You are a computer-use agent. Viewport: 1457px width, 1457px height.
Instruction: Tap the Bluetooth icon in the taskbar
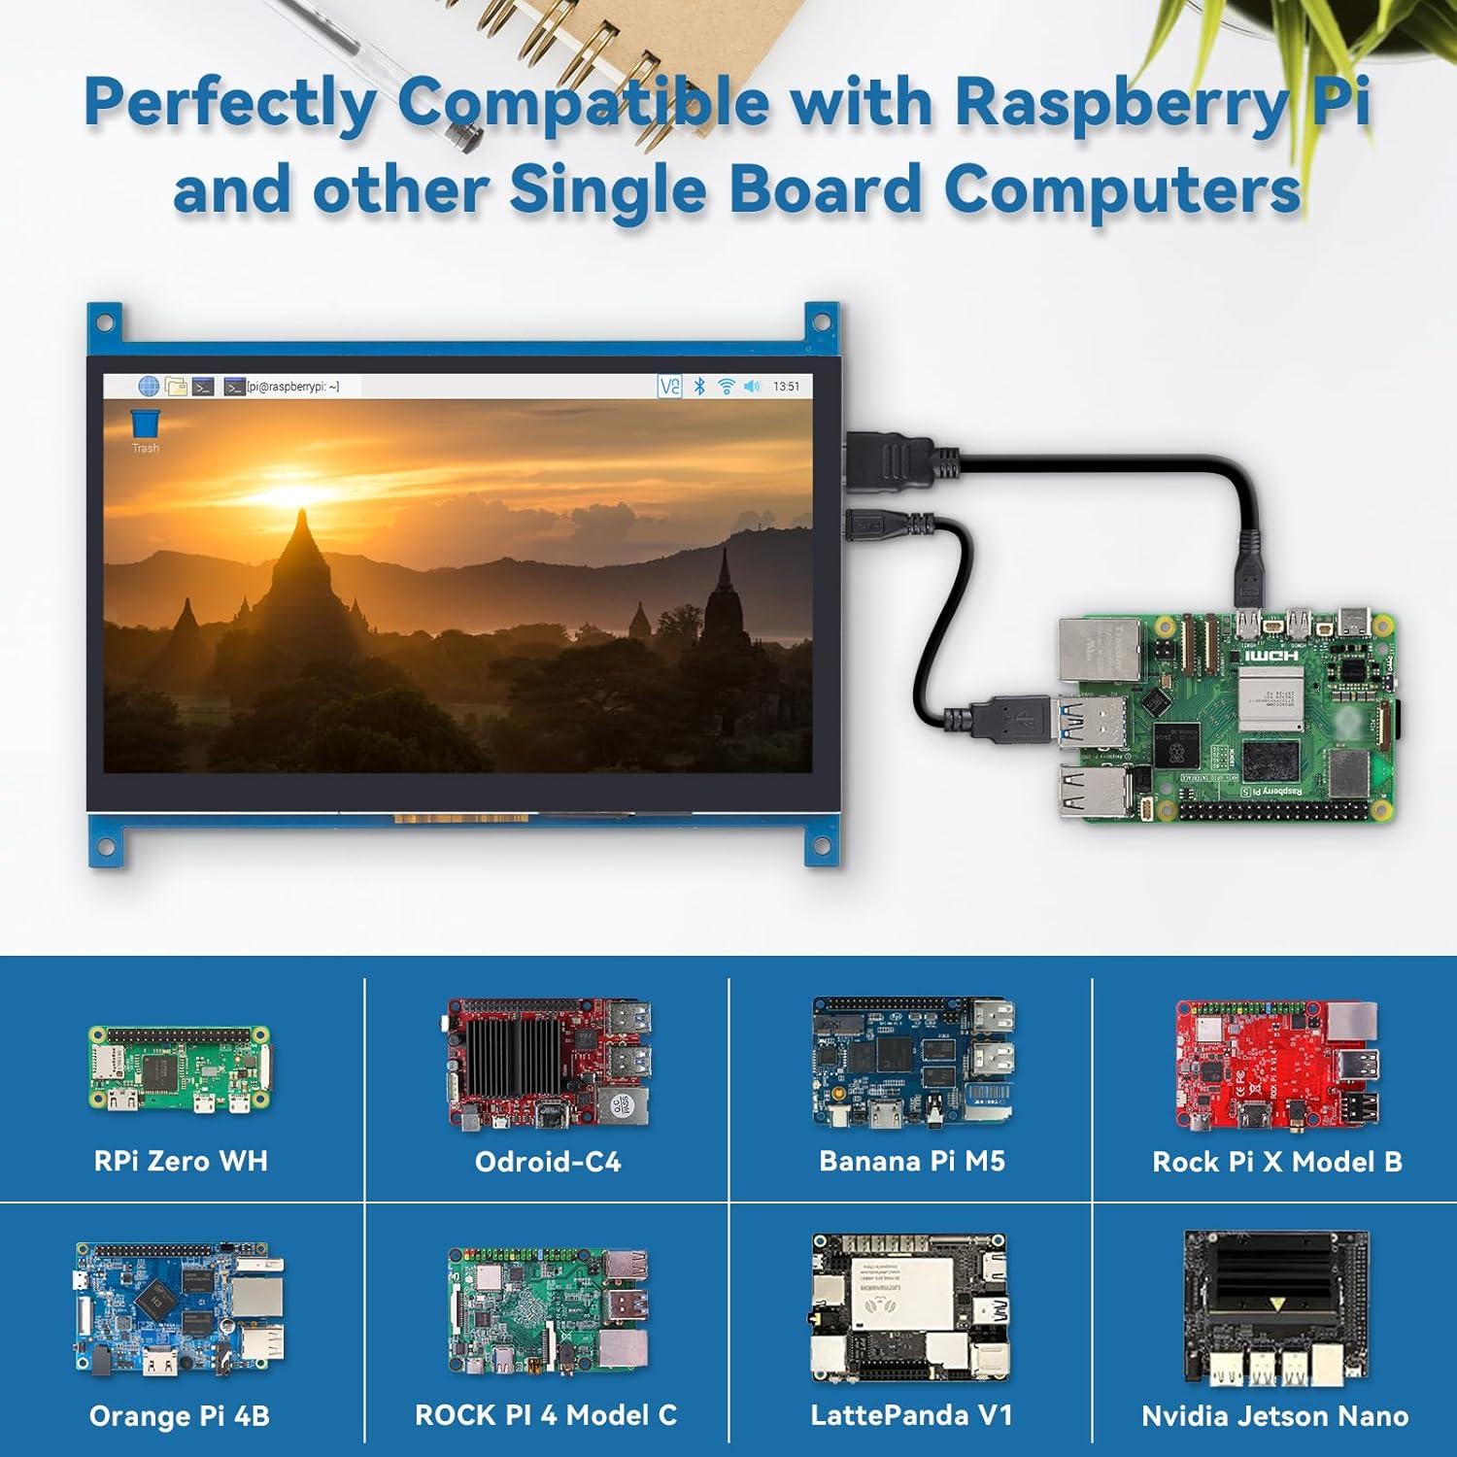click(699, 387)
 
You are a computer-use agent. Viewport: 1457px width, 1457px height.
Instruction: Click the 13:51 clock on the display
click(786, 387)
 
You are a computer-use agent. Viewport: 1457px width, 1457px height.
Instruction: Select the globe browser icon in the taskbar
click(149, 387)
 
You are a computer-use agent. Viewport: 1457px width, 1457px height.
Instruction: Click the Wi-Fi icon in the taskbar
click(726, 387)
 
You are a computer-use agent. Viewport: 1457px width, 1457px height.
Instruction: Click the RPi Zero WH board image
click(180, 1068)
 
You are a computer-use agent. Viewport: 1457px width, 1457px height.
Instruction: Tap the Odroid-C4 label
click(547, 1162)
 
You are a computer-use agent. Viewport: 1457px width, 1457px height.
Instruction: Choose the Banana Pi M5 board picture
click(913, 1064)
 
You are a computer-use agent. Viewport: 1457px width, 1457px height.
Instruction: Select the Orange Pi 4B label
click(180, 1416)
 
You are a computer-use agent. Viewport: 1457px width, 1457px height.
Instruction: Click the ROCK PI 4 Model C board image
click(547, 1311)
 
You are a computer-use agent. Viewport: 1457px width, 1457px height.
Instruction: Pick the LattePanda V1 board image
click(910, 1308)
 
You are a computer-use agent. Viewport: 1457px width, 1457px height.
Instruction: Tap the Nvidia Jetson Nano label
click(1274, 1416)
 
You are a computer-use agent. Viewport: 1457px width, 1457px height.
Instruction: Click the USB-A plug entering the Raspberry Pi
click(1015, 719)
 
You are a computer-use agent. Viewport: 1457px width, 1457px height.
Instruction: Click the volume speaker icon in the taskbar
click(752, 387)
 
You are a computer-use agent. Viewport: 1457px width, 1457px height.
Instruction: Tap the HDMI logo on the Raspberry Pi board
click(1271, 656)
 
